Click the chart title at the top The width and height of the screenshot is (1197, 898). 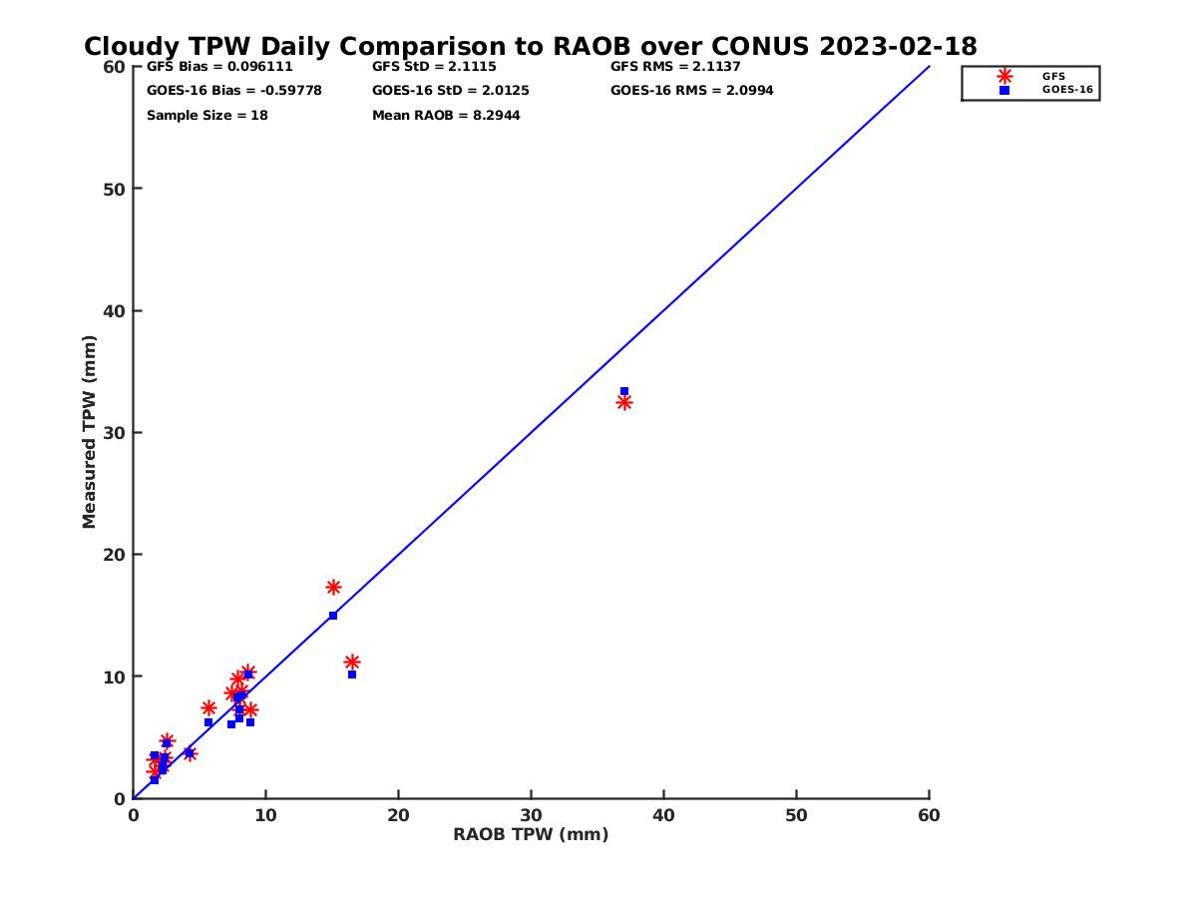[x=530, y=47]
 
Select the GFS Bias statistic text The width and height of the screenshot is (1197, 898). [x=219, y=67]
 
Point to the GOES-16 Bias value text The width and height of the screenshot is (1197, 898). [x=233, y=91]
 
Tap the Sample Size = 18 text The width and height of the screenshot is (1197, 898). [x=206, y=116]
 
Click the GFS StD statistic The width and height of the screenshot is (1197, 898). [x=434, y=67]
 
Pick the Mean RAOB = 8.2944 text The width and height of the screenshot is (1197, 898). [x=446, y=116]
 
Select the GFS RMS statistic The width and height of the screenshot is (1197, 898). [x=675, y=67]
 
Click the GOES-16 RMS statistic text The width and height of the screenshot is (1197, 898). [x=691, y=91]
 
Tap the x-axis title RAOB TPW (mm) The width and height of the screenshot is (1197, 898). [x=531, y=835]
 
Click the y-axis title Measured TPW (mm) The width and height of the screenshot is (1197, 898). [x=90, y=432]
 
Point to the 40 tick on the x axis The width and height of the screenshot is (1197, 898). [x=663, y=816]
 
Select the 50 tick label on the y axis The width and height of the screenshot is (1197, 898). [x=116, y=189]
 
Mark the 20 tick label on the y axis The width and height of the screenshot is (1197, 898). [x=116, y=555]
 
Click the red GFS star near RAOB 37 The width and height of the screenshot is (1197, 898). [x=624, y=402]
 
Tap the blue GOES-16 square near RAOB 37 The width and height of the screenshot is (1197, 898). [x=624, y=391]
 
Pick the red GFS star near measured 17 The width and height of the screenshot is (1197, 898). [x=333, y=587]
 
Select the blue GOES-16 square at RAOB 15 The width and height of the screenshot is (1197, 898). [x=333, y=616]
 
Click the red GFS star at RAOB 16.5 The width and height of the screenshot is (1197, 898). [x=352, y=663]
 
